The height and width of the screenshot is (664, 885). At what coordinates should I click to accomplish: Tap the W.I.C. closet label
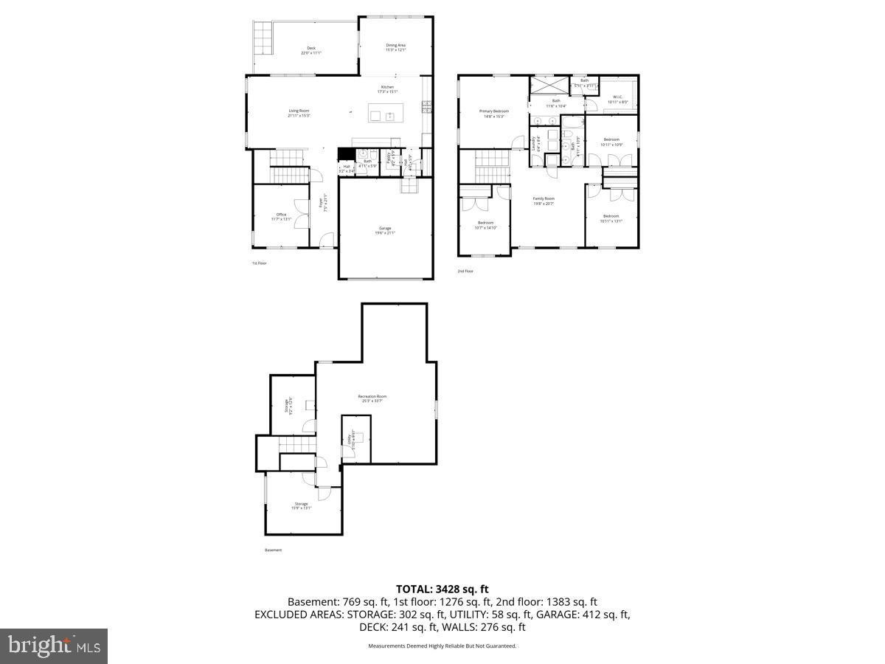point(617,99)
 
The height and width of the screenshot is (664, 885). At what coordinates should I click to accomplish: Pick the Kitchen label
point(387,89)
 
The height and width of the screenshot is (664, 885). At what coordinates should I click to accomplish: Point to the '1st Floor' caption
point(259,263)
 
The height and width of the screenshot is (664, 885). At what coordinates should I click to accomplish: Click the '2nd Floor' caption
point(465,271)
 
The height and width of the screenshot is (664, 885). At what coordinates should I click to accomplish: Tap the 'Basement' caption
point(273,550)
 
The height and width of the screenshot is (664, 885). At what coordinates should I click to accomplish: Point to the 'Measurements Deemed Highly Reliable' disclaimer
point(442,646)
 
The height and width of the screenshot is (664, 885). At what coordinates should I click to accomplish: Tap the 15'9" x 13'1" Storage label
point(301,505)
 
